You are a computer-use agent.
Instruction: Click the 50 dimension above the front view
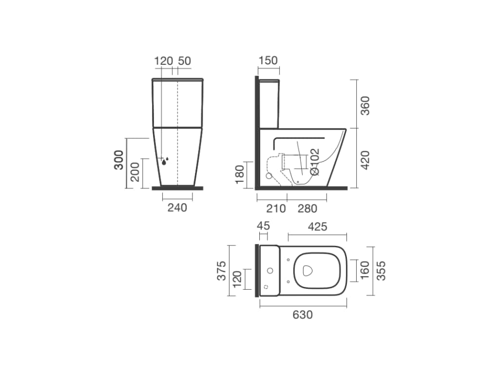[x=185, y=61]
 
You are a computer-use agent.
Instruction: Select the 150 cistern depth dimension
[x=269, y=60]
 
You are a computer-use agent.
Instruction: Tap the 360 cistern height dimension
[x=365, y=105]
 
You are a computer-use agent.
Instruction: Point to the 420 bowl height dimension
[x=365, y=160]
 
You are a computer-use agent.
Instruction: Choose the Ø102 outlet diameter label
[x=314, y=162]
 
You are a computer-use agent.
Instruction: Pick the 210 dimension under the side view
[x=276, y=208]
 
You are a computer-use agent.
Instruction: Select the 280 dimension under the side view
[x=307, y=208]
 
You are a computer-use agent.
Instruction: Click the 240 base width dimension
[x=177, y=207]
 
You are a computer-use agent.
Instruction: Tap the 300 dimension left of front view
[x=118, y=160]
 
